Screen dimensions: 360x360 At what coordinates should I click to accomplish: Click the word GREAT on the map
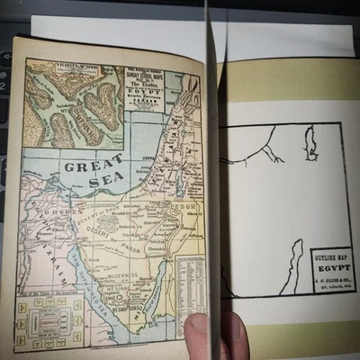(x=93, y=166)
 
